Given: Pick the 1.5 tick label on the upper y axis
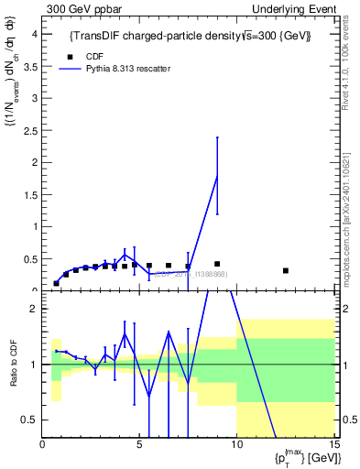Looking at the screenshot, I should pos(30,194).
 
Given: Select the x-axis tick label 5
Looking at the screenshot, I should pos(139,445).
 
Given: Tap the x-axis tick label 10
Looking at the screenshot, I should pos(236,445).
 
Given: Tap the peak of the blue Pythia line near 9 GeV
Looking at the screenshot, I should pos(217,176).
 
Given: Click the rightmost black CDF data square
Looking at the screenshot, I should pos(286,270).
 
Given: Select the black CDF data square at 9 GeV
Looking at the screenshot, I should pos(217,264).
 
